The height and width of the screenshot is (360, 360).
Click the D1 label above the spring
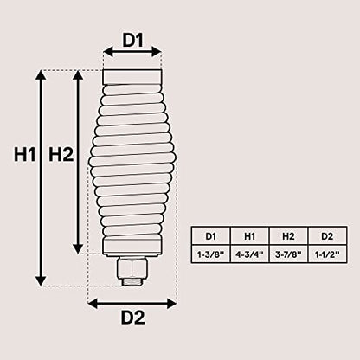[x=132, y=40]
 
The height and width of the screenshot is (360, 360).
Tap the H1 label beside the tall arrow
[x=24, y=154]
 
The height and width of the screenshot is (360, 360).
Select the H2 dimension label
[x=61, y=154]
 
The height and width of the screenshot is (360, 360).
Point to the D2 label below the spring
[x=132, y=318]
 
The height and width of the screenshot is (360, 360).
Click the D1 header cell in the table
[x=211, y=236]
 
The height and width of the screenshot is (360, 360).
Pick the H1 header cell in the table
[x=250, y=236]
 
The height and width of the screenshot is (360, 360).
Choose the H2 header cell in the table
[x=288, y=236]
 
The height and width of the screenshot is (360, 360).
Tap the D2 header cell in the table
[x=327, y=236]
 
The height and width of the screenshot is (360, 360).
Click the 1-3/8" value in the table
[x=211, y=254]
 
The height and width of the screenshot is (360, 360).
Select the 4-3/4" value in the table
[x=250, y=254]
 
